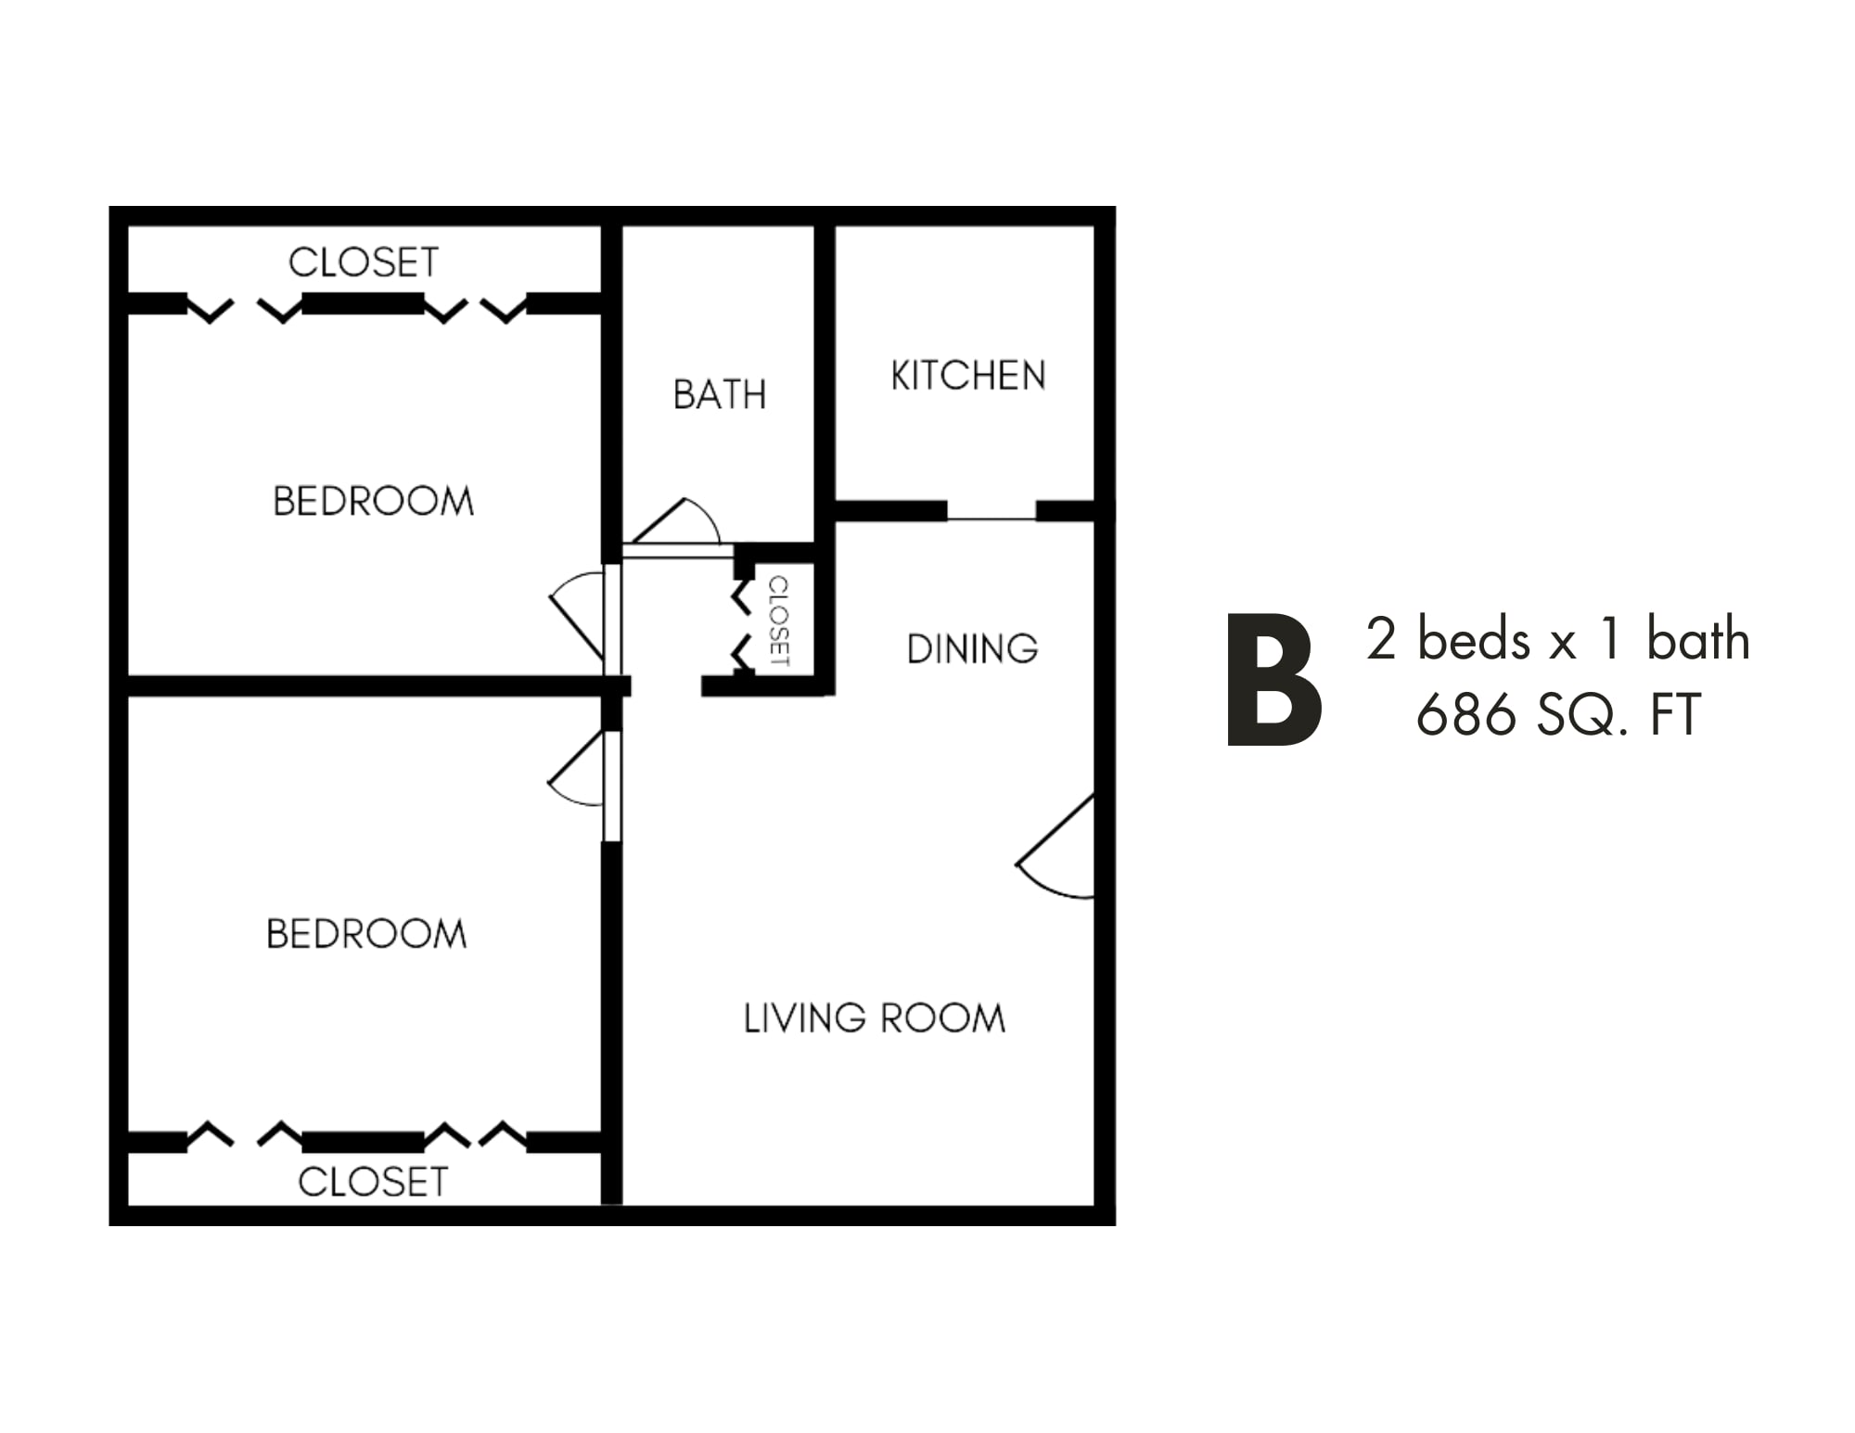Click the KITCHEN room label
coord(968,376)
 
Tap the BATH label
coord(720,395)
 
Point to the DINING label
coord(972,649)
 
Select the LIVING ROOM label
coord(875,1018)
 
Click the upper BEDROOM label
coord(373,502)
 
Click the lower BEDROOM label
coord(366,934)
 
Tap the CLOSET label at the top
coord(364,262)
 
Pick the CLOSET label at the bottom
coord(373,1182)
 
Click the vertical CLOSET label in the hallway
coord(779,621)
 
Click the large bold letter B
coord(1274,679)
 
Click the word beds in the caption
coord(1474,640)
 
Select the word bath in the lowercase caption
coord(1698,639)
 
